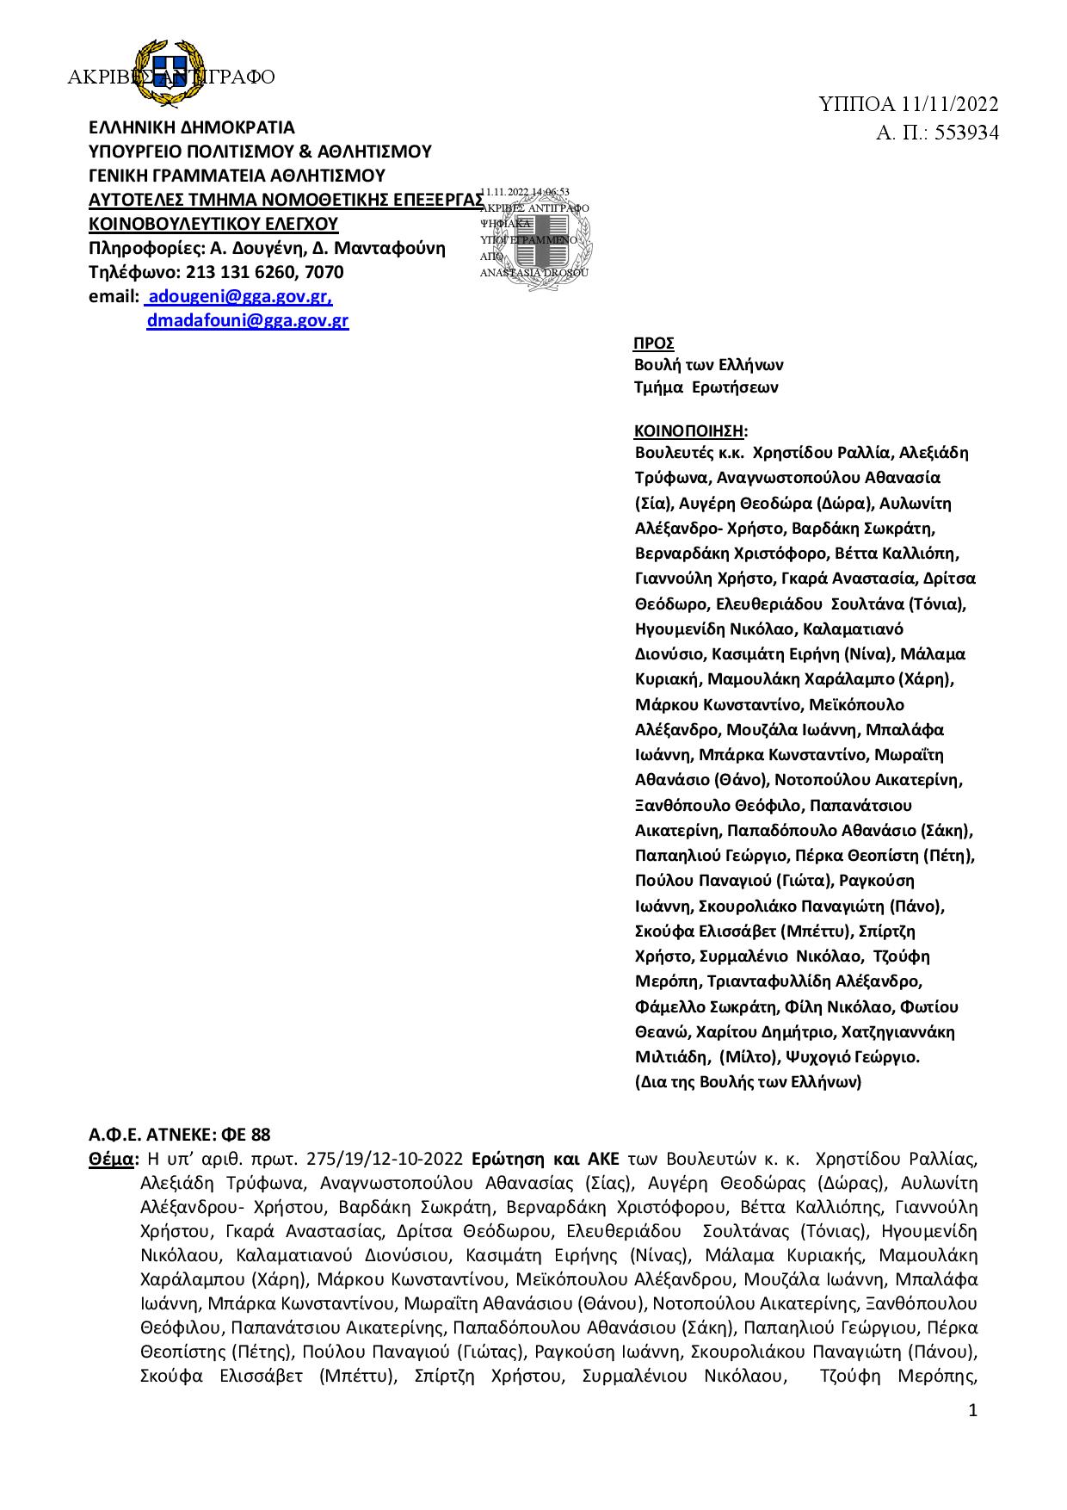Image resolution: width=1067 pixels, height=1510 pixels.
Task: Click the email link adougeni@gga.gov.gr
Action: pyautogui.click(x=241, y=297)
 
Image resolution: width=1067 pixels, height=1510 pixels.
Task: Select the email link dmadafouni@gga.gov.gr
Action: pyautogui.click(x=247, y=321)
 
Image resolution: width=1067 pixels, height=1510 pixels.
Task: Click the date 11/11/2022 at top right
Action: pyautogui.click(x=950, y=105)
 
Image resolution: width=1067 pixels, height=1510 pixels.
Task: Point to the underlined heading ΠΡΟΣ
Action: pyautogui.click(x=654, y=343)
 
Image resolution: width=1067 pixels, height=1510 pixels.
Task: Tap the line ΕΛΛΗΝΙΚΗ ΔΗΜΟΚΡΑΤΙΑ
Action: pyautogui.click(x=192, y=128)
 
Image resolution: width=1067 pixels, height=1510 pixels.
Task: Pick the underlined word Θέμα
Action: pyautogui.click(x=111, y=1159)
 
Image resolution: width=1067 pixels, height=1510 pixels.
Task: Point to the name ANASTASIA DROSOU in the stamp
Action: pyautogui.click(x=533, y=273)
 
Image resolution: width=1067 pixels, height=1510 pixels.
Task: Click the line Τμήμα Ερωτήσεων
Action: pyautogui.click(x=706, y=387)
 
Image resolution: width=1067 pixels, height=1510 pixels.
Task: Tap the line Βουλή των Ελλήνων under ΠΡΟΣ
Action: pyautogui.click(x=708, y=365)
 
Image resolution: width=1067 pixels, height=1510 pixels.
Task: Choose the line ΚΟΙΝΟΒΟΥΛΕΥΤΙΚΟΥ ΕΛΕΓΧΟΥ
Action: pyautogui.click(x=213, y=225)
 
